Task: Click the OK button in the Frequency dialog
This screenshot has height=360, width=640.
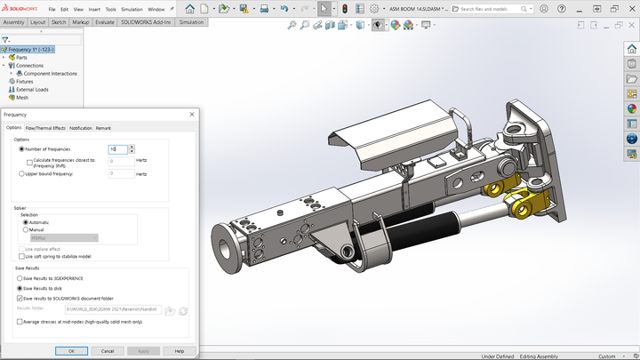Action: (71, 351)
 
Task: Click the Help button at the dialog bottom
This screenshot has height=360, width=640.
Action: (180, 351)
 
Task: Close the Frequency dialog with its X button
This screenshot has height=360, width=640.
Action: (192, 115)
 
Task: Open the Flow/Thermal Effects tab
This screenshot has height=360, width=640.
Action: (45, 128)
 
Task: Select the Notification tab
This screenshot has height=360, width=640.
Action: (81, 128)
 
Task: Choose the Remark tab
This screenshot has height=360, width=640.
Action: (103, 128)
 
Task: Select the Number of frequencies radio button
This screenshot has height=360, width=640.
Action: (21, 149)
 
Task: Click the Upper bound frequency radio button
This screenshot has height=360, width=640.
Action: (21, 173)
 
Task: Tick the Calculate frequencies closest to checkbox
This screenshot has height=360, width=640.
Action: (30, 162)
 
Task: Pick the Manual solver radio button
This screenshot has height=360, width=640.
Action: (26, 229)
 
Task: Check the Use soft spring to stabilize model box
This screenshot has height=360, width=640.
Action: (21, 256)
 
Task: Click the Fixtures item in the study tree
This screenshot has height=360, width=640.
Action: (24, 81)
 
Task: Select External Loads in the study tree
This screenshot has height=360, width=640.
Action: (31, 89)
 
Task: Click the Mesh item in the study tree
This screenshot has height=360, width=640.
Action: (21, 98)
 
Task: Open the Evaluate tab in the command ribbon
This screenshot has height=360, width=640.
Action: (104, 21)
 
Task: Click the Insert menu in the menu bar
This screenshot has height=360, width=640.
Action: (94, 9)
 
